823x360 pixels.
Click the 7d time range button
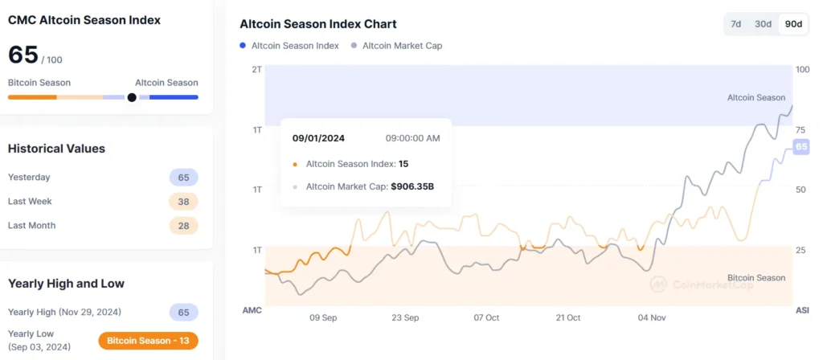(735, 24)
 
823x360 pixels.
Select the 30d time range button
(763, 24)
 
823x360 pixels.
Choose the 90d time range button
(793, 24)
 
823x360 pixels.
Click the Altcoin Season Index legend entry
(289, 46)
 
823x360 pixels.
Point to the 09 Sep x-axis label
(323, 317)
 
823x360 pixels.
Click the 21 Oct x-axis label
(568, 317)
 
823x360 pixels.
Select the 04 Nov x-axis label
(651, 317)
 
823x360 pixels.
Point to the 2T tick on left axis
(256, 69)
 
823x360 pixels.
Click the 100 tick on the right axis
(802, 69)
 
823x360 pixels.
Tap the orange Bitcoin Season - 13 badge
(148, 341)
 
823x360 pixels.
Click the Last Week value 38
(183, 202)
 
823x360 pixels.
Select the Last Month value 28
(183, 226)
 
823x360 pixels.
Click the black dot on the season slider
(132, 97)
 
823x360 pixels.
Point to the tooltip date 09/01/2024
(319, 138)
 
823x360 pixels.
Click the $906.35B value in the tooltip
(411, 187)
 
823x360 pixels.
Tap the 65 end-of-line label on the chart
(800, 146)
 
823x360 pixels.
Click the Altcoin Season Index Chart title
(318, 24)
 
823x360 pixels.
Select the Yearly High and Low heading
(66, 283)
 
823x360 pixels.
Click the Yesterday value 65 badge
(183, 178)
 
